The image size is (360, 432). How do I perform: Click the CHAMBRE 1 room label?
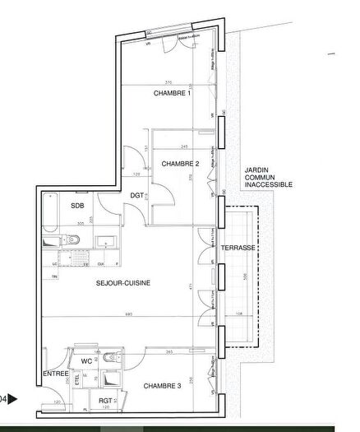[172, 94]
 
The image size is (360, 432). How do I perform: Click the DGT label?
[136, 194]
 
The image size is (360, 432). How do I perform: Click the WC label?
[86, 360]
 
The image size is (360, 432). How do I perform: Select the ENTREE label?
[56, 374]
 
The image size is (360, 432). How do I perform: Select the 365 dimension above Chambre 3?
[167, 351]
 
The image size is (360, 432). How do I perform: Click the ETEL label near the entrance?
[78, 381]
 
